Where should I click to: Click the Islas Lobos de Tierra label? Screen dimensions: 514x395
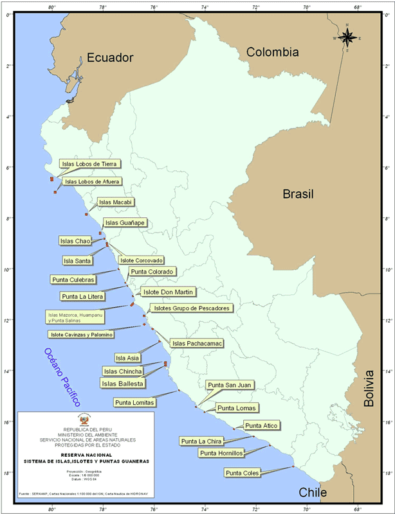pos(88,164)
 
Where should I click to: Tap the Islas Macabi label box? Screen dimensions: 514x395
pos(116,202)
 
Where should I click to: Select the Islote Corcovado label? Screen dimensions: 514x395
pos(142,260)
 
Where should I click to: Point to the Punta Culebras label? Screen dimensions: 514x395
pos(73,279)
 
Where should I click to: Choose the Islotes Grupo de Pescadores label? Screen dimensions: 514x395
pos(191,308)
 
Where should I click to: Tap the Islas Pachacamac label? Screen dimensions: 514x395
pos(197,344)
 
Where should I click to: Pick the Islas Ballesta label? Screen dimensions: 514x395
pos(123,384)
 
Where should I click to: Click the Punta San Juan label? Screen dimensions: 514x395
pos(230,385)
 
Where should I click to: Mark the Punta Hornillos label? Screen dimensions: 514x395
pos(222,453)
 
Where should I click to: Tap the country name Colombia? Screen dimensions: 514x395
pos(273,52)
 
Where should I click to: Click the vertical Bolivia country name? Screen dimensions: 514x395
pos(369,389)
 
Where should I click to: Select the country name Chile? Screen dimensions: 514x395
pos(313,493)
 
